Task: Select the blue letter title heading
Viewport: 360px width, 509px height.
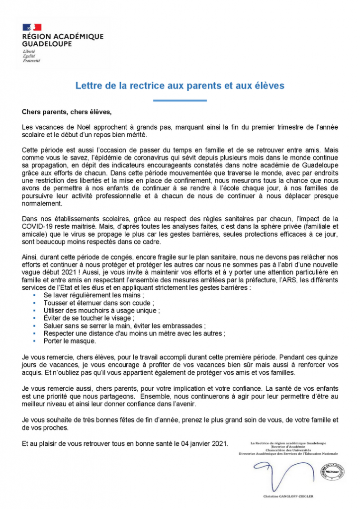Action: pyautogui.click(x=180, y=85)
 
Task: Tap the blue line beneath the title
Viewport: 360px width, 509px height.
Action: pyautogui.click(x=180, y=101)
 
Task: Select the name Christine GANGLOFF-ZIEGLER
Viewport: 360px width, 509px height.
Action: pyautogui.click(x=288, y=496)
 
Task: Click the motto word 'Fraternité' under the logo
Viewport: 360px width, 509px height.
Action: pyautogui.click(x=31, y=61)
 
